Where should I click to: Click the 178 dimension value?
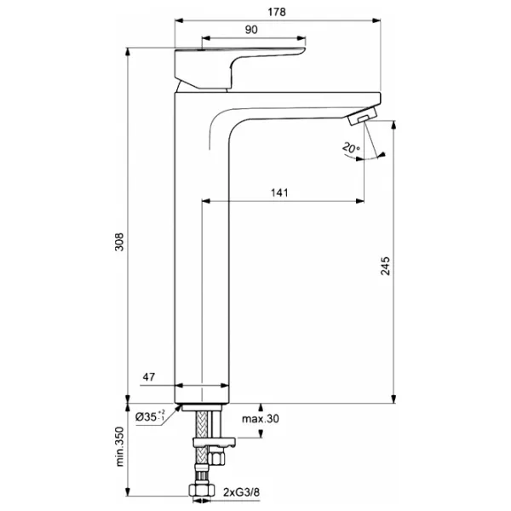(277, 12)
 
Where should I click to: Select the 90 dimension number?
(251, 30)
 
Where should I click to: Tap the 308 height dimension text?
(119, 242)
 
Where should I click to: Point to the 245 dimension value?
(385, 266)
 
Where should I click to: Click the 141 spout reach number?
(279, 192)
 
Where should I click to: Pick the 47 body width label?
(148, 377)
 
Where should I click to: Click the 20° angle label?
(351, 148)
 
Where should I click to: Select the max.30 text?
(261, 419)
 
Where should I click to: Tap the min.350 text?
(119, 446)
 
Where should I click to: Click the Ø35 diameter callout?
(150, 416)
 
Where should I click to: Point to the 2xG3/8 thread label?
(242, 492)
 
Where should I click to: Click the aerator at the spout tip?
(363, 116)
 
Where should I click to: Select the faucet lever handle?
(240, 68)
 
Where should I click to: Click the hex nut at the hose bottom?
(202, 490)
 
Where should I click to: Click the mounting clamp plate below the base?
(215, 442)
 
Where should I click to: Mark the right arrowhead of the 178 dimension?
(376, 20)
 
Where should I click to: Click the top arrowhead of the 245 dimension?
(393, 125)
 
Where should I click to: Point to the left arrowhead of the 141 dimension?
(206, 201)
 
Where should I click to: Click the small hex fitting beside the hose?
(216, 456)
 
